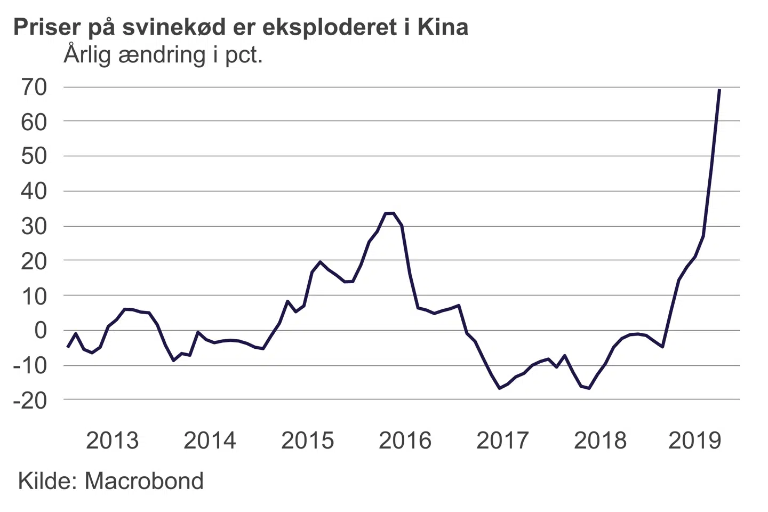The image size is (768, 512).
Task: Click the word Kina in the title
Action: click(x=443, y=27)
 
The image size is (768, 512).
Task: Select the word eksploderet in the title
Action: click(x=331, y=27)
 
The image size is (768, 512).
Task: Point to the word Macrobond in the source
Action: click(x=144, y=481)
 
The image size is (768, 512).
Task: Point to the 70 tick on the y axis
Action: click(x=34, y=87)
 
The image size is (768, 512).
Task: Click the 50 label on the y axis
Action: click(x=34, y=156)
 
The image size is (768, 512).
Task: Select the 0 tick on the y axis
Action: click(x=41, y=330)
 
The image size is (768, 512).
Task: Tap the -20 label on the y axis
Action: click(x=30, y=400)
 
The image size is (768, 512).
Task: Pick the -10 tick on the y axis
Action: click(x=30, y=366)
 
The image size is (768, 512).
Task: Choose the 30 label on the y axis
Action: click(x=34, y=227)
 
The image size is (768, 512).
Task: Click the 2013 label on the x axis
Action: click(x=112, y=441)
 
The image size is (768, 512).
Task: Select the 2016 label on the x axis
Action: click(x=405, y=441)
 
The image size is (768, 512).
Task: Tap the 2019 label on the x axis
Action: click(x=694, y=441)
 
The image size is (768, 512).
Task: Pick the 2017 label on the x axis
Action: click(x=502, y=441)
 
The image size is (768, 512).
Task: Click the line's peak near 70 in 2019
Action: click(x=719, y=90)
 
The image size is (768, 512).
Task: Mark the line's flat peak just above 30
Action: click(x=389, y=213)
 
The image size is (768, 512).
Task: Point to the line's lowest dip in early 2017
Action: click(x=500, y=388)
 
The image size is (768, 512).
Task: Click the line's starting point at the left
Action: click(x=67, y=347)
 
